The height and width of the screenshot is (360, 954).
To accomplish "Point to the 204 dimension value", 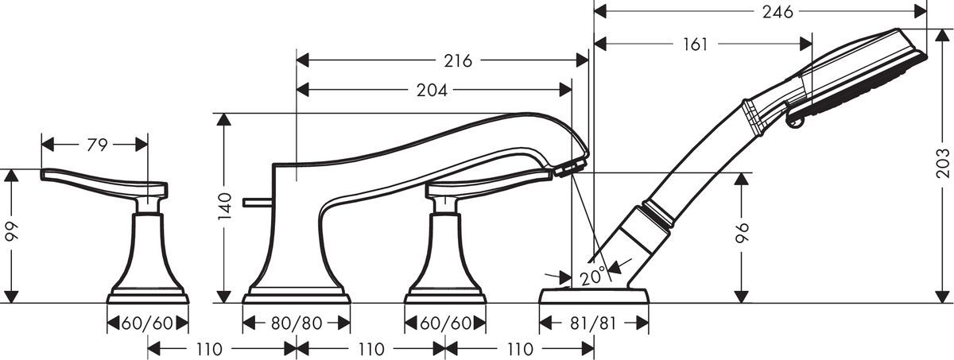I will pyautogui.click(x=431, y=91).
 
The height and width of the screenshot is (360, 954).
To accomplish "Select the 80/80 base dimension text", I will pyautogui.click(x=297, y=323).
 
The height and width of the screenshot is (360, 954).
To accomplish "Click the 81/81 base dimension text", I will pyautogui.click(x=594, y=323).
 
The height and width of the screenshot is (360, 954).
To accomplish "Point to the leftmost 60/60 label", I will pyautogui.click(x=148, y=323).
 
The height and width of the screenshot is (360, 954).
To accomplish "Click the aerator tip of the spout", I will pyautogui.click(x=571, y=166).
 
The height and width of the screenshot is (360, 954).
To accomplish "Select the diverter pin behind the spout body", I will pyautogui.click(x=258, y=204).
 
